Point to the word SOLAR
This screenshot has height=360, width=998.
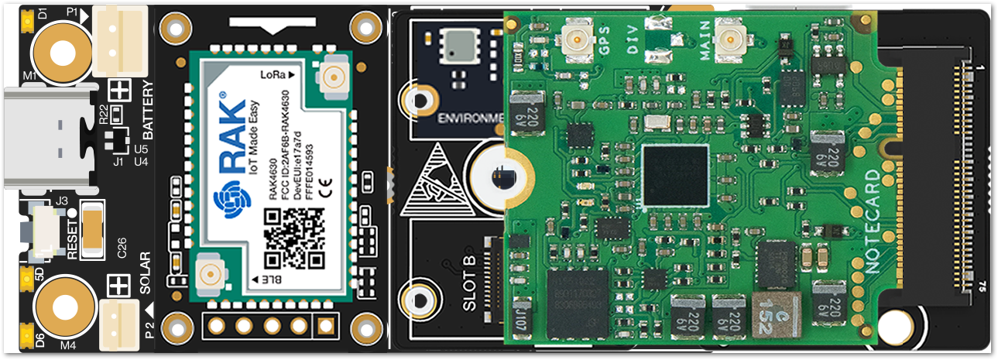[x=146, y=273]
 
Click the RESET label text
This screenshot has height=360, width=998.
[x=73, y=239]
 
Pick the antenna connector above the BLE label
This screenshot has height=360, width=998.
[x=208, y=273]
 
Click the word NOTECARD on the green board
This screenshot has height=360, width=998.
[x=873, y=221]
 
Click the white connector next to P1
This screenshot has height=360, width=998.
[x=120, y=41]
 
